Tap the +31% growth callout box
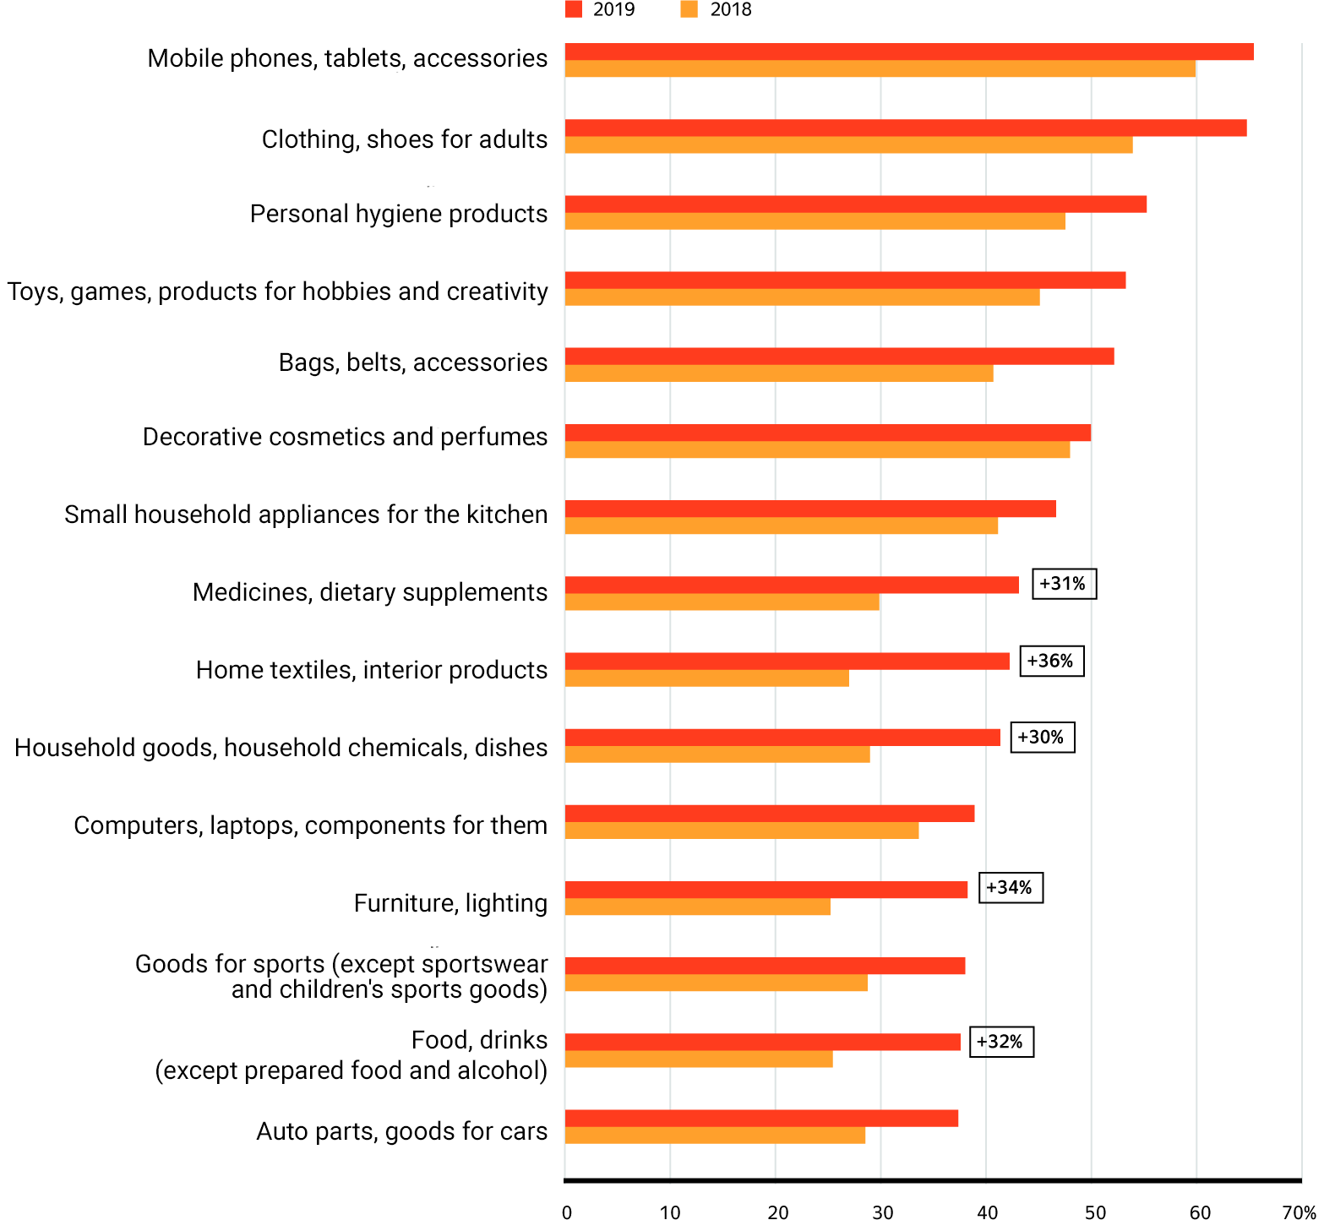pos(1064,584)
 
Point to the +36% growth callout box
pos(1051,661)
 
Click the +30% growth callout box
pos(1042,737)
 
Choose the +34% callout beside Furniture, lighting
pos(1011,888)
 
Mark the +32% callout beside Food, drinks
pos(1001,1042)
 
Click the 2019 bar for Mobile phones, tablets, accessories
pos(908,52)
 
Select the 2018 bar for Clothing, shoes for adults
pos(848,145)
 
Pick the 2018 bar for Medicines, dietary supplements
pos(722,602)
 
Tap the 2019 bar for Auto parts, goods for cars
pos(760,1118)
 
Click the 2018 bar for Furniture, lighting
pos(697,907)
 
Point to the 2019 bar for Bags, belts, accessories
pos(839,357)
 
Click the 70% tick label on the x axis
pos(1299,1212)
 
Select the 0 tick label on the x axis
pos(567,1212)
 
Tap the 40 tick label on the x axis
pos(986,1212)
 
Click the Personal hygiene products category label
pos(398,214)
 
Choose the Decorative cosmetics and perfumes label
pos(345,437)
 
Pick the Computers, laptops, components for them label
pos(310,825)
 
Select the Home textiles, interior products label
pos(372,670)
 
